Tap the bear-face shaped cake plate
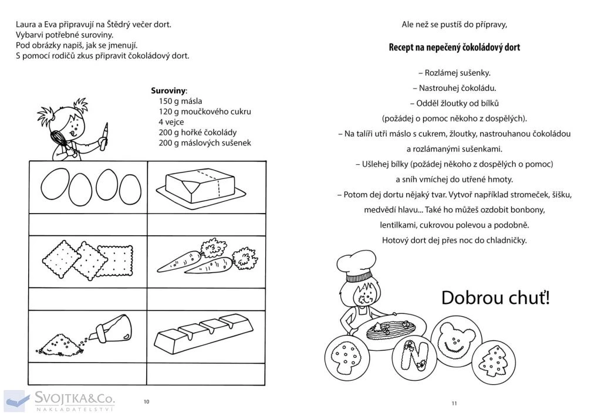coord(453,337)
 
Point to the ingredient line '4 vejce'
coord(171,122)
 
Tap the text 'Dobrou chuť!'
coord(495,297)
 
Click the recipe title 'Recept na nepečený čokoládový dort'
coord(454,48)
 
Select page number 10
coord(146,401)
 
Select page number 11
coord(454,403)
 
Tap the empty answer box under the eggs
coord(88,224)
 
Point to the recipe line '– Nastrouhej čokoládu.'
coord(454,88)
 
